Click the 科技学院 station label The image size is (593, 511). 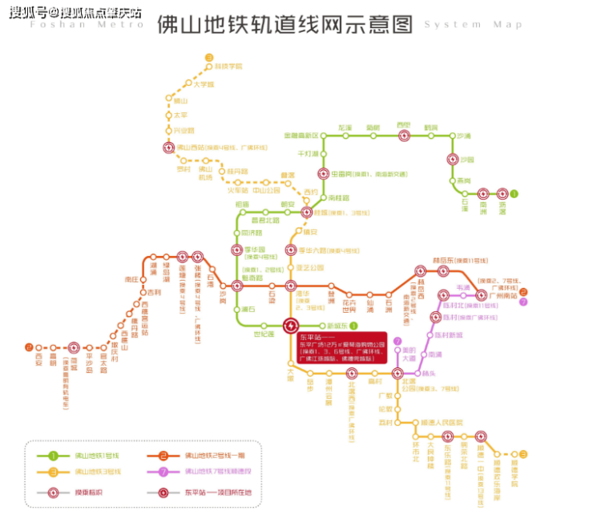[x=228, y=65]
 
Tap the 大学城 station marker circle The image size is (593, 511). [x=189, y=83]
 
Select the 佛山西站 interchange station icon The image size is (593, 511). [x=168, y=148]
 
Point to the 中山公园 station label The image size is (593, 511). [x=267, y=190]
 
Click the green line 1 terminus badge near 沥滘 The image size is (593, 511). [x=514, y=193]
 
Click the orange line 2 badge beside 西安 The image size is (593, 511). [x=28, y=347]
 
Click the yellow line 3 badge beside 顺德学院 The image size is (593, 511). [x=523, y=454]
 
